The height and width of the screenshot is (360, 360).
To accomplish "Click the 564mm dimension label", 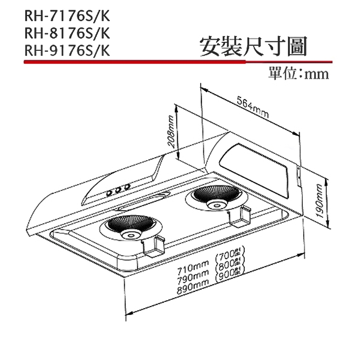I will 252,108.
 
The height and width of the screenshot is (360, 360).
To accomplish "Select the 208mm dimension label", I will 171,133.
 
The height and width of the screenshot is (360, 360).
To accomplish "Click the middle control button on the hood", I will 118,190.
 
